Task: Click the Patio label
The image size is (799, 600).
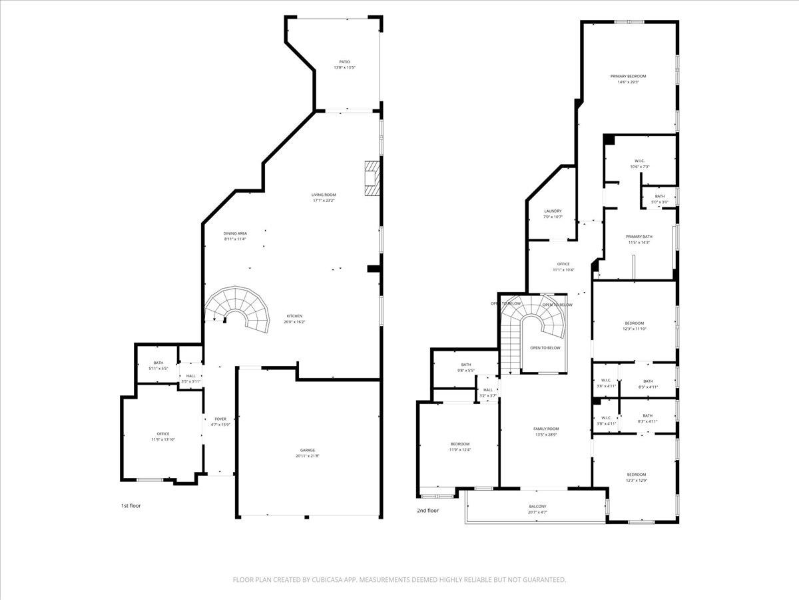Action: pos(344,65)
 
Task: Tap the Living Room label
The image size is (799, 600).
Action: pos(324,198)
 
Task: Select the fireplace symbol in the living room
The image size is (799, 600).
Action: pos(372,178)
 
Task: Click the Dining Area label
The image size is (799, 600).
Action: pos(235,236)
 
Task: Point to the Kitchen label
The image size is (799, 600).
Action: pos(294,319)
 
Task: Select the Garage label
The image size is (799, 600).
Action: pos(307,453)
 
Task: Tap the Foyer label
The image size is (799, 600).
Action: pos(220,422)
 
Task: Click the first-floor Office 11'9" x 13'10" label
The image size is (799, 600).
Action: pos(163,437)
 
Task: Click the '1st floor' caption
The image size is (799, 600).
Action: pos(131,505)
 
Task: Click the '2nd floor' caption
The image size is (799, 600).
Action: pos(428,511)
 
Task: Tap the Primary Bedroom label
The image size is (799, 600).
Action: pos(628,79)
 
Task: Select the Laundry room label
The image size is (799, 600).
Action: pos(553,213)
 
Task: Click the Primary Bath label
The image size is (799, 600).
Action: pos(639,239)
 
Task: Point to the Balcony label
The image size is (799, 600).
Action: pos(537,509)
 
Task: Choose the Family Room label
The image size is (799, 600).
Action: pos(546,431)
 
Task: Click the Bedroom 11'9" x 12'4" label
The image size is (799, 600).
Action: pos(459,447)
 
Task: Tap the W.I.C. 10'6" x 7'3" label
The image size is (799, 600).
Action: pos(639,163)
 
